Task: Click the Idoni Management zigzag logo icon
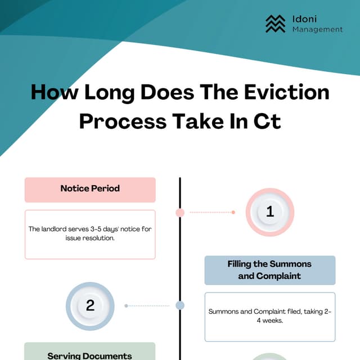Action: (276, 23)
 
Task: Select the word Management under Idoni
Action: (317, 29)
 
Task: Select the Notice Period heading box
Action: (90, 189)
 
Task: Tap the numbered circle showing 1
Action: (270, 212)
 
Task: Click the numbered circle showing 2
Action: (90, 305)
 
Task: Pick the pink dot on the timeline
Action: (180, 213)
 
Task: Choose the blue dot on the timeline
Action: (180, 305)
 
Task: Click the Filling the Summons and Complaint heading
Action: (269, 270)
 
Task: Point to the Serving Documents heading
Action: (90, 354)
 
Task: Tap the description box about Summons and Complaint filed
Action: (269, 316)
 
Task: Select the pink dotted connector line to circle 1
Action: (211, 213)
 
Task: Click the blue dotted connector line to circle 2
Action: (147, 305)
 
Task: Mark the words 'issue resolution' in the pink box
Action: (90, 238)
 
